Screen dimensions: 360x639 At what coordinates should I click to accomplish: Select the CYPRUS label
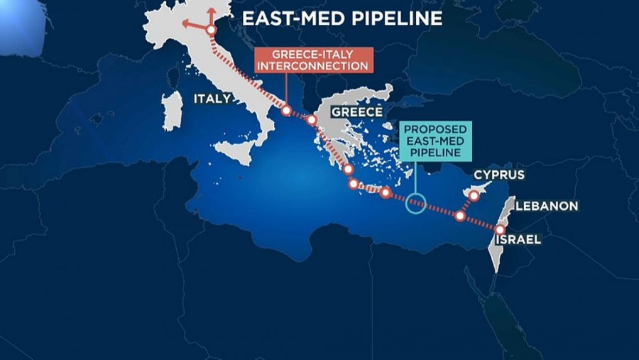498,175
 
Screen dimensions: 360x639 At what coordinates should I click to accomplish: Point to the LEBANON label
547,206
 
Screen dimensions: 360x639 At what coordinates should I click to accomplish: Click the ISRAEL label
518,239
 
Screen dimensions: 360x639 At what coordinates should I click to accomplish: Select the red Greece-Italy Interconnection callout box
313,60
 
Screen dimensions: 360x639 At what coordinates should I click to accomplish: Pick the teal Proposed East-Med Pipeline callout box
435,141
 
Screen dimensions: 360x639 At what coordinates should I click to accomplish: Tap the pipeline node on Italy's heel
286,111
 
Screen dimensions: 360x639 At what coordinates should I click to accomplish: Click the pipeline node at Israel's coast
500,229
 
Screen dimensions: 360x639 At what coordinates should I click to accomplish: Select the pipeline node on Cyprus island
474,194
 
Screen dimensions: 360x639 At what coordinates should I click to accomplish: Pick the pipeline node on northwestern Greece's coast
312,120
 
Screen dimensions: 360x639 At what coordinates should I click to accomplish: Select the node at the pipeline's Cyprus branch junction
460,215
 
